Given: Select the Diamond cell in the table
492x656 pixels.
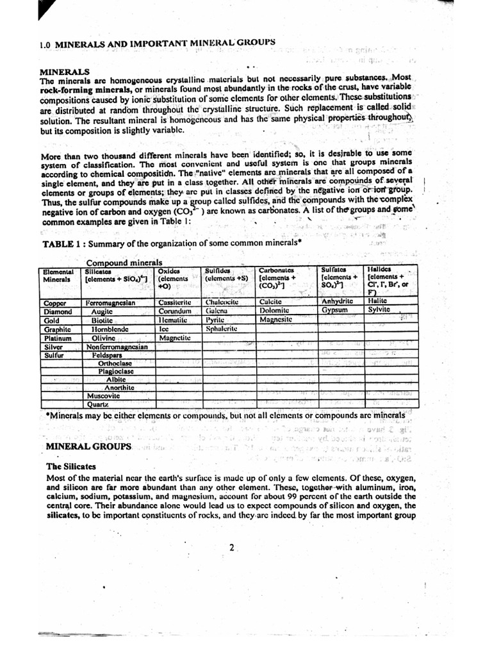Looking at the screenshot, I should click(57, 311).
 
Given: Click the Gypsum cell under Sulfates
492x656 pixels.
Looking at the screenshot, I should click(334, 309).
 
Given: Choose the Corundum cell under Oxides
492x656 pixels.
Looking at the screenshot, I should click(175, 311).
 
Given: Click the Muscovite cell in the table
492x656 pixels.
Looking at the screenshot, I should click(104, 396).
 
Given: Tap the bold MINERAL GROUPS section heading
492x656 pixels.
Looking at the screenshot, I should click(89, 445).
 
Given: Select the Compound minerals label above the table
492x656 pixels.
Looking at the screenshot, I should click(124, 263).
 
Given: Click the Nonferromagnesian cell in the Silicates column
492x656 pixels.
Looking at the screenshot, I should click(116, 347).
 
